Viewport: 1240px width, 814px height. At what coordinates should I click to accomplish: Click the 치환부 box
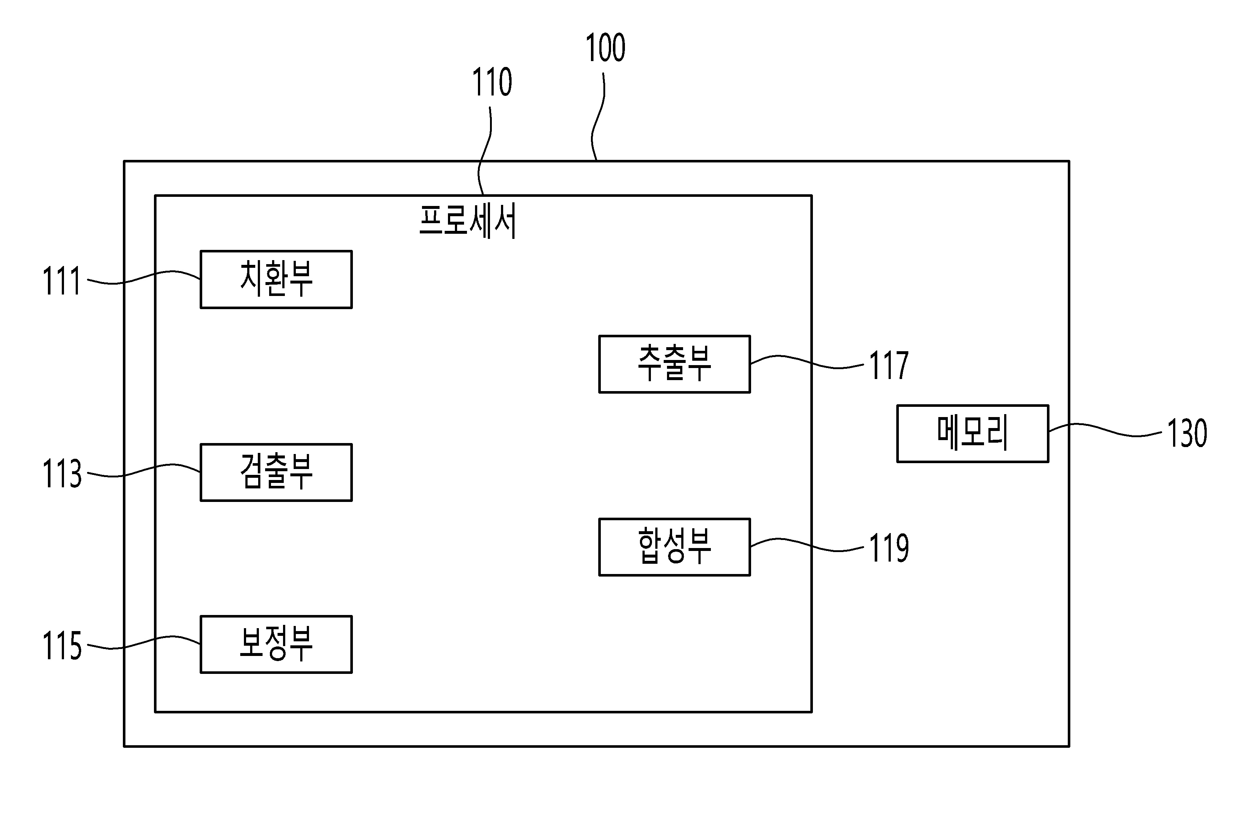click(276, 280)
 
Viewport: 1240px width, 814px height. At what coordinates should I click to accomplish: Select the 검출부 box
click(276, 472)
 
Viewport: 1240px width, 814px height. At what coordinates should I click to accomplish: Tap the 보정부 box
click(276, 644)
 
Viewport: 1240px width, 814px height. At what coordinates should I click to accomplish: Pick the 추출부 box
click(674, 364)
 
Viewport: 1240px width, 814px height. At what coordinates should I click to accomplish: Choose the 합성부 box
click(674, 547)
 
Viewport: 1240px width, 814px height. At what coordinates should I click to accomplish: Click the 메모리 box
click(972, 433)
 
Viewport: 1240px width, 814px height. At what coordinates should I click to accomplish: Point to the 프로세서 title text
click(467, 221)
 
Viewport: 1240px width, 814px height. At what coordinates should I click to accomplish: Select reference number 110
click(492, 82)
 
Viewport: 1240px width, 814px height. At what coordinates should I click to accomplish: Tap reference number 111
click(61, 281)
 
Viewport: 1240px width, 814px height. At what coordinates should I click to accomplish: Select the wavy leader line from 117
click(807, 362)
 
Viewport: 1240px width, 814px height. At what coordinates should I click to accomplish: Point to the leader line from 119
click(807, 545)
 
